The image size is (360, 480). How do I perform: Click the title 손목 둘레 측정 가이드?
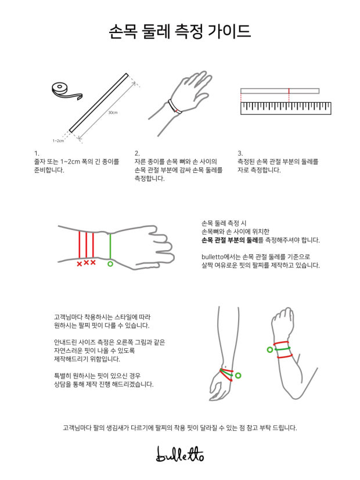[180, 31]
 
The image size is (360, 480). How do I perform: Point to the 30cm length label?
[113, 113]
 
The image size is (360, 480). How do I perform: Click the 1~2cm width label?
[58, 141]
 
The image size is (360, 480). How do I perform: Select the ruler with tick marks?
[286, 109]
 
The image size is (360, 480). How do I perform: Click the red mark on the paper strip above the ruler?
[289, 91]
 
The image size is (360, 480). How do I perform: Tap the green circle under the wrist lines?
[110, 264]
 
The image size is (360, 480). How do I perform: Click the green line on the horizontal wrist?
[110, 247]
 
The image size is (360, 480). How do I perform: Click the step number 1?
[37, 153]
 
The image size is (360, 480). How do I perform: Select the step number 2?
[137, 153]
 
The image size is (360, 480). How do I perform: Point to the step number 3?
[240, 153]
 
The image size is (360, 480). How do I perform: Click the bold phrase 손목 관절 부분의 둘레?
[229, 240]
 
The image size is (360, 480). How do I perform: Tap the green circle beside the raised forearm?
[269, 349]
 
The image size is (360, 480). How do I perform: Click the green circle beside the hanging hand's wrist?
[238, 376]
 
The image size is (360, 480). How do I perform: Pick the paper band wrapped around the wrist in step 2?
[175, 107]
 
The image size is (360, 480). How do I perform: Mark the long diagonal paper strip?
[99, 103]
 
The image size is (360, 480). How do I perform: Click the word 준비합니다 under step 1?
[49, 170]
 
